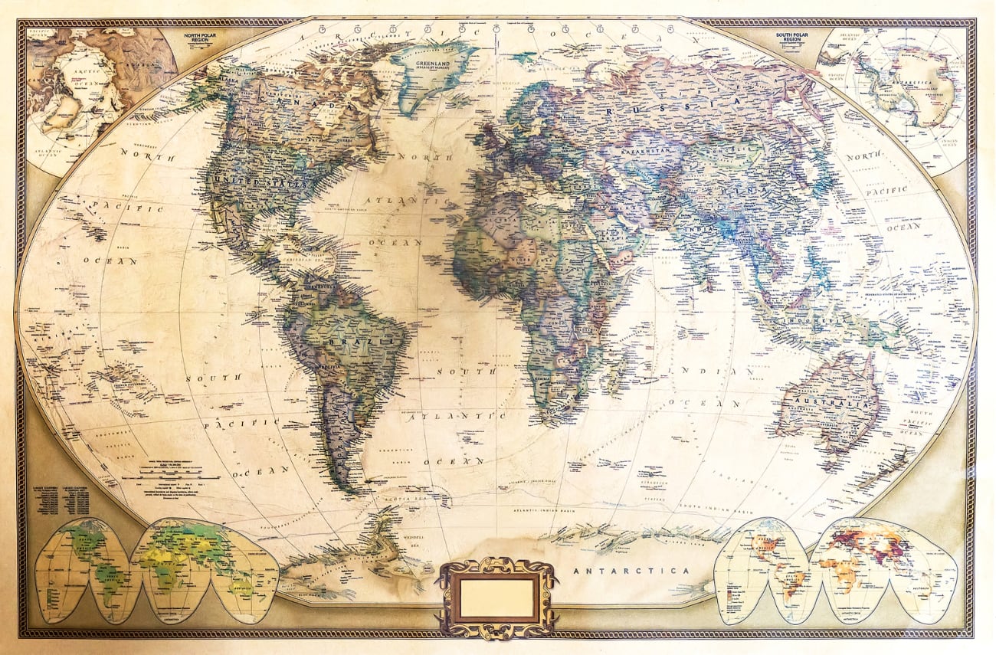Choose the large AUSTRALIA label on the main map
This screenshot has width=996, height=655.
pos(827,401)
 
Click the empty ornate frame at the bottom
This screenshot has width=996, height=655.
pos(497,598)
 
